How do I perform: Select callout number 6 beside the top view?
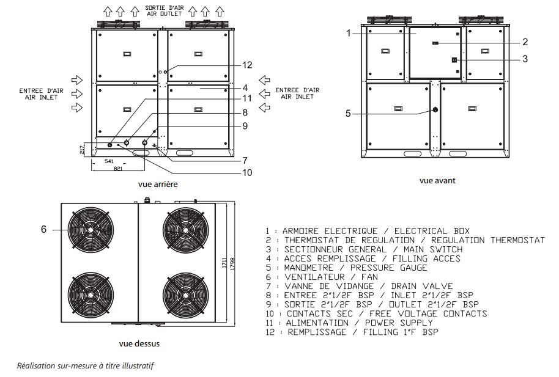(x=43, y=230)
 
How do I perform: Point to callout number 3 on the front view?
(x=525, y=59)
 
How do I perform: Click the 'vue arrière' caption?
(x=158, y=183)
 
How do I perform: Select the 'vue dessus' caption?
(x=140, y=343)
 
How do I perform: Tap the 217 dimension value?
(x=83, y=148)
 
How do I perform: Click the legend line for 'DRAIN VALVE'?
(x=359, y=286)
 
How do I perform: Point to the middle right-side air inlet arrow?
(x=265, y=93)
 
